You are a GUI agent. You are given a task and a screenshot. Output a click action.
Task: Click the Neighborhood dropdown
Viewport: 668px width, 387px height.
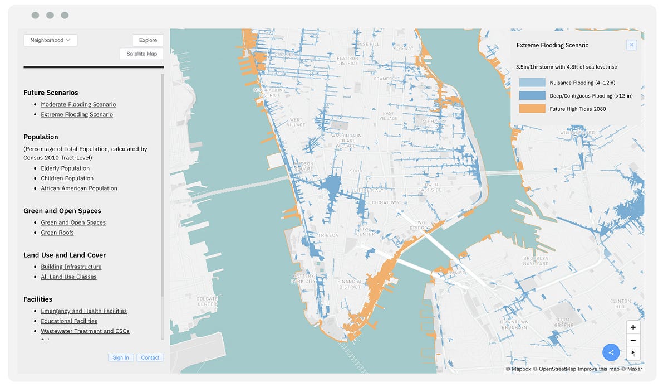[50, 40]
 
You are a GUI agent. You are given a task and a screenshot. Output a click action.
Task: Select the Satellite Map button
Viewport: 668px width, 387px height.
[141, 54]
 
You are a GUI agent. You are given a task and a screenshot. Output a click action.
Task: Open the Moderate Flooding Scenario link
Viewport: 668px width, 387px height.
[78, 104]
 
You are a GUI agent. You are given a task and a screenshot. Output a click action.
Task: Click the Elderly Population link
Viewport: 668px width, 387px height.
[65, 168]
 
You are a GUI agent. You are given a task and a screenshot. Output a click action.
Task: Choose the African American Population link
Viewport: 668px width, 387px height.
[79, 188]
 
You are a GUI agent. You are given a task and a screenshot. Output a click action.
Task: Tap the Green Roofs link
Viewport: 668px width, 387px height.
[57, 233]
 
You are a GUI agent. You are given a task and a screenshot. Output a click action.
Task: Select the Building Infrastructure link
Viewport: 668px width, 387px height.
[71, 267]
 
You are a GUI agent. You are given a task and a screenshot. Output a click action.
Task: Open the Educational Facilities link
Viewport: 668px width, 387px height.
[69, 321]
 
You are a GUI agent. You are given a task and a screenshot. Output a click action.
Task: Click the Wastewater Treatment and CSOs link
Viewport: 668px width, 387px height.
[85, 331]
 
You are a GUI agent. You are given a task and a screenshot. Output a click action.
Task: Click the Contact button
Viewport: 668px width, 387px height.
[150, 358]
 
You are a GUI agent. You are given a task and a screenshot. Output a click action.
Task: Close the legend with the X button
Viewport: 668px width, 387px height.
[631, 45]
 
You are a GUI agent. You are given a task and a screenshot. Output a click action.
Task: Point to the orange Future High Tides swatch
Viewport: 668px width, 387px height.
[532, 109]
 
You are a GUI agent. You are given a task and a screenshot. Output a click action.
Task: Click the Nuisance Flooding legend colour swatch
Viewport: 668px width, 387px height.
[532, 83]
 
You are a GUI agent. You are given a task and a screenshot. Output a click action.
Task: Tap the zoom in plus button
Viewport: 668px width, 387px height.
[633, 327]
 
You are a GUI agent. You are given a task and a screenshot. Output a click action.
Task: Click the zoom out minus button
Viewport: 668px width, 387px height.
[633, 340]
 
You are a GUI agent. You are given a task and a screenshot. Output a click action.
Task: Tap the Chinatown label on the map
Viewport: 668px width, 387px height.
[385, 202]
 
